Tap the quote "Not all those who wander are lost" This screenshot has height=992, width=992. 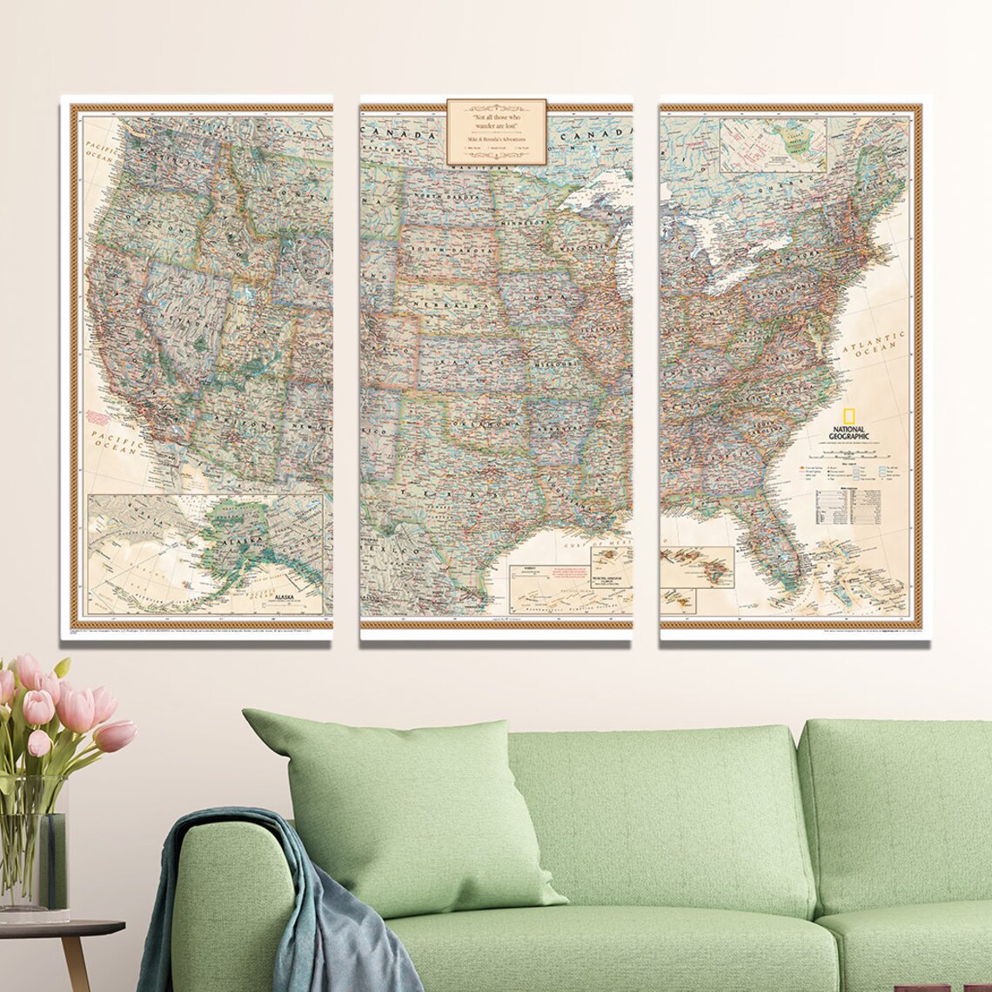pos(496,121)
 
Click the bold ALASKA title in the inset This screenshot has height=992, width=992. pos(285,598)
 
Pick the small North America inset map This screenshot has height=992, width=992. pos(773,144)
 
